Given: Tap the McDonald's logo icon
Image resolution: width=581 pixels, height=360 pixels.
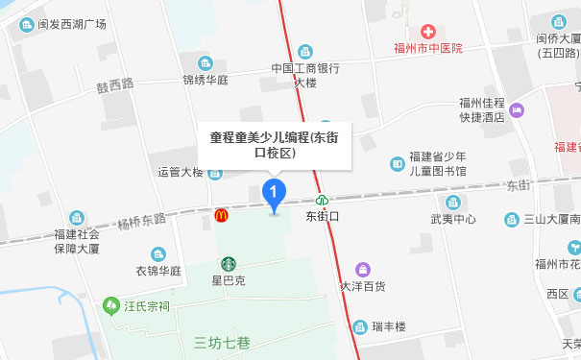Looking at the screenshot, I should pyautogui.click(x=222, y=216).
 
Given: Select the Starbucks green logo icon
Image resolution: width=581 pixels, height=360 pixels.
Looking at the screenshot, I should pyautogui.click(x=229, y=263).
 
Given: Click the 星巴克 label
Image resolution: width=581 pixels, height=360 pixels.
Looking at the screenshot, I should pyautogui.click(x=229, y=280).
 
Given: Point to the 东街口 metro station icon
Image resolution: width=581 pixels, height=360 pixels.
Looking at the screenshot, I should pyautogui.click(x=324, y=201).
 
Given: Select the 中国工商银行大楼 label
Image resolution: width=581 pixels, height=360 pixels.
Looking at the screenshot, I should pyautogui.click(x=305, y=75).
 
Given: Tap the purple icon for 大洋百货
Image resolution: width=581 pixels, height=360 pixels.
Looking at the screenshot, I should pyautogui.click(x=362, y=269).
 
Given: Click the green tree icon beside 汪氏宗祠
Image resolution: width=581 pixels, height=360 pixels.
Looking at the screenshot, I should pyautogui.click(x=109, y=306).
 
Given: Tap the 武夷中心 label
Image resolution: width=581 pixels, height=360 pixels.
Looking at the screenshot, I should pyautogui.click(x=453, y=218).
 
